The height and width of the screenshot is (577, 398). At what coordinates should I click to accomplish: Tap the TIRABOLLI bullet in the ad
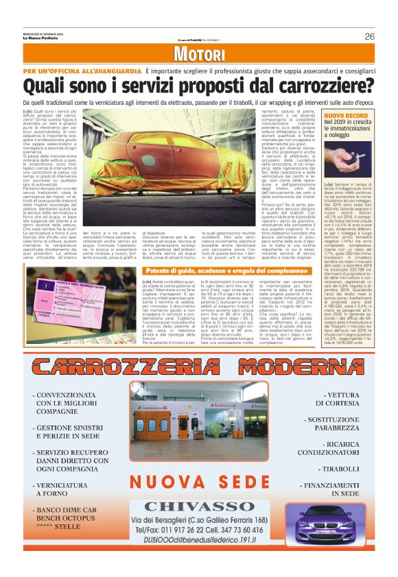tap(341, 469)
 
